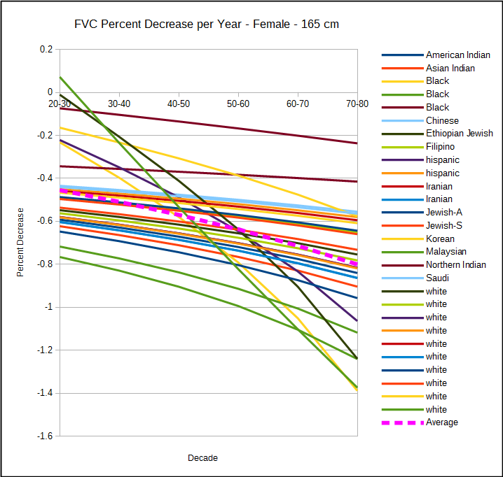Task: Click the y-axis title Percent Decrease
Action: coord(20,242)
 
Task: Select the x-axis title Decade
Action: coord(202,458)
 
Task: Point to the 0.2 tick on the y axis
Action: coord(46,49)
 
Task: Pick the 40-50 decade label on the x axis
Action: coord(179,103)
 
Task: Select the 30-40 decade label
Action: coord(119,103)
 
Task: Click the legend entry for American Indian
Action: coord(457,55)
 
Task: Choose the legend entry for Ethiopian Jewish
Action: coord(459,134)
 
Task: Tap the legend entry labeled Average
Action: coord(441,422)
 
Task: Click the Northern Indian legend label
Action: coord(455,265)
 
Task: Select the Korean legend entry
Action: coord(440,239)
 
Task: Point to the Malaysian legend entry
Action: coord(446,252)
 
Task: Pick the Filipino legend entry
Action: coord(440,147)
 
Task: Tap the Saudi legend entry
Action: coord(437,278)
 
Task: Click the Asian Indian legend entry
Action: coord(450,68)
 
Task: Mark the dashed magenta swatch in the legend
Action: coord(401,422)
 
